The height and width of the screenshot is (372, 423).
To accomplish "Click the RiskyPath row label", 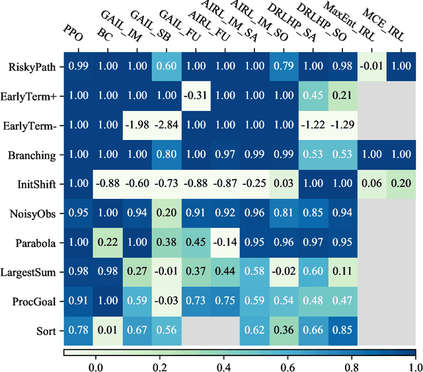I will (x=34, y=67).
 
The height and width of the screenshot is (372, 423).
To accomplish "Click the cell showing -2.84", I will (x=167, y=125).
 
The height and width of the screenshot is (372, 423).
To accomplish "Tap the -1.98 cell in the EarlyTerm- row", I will (x=137, y=125).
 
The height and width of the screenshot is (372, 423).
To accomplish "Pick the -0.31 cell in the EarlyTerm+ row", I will (x=196, y=96).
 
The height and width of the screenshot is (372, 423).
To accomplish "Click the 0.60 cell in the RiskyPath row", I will (x=167, y=67).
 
